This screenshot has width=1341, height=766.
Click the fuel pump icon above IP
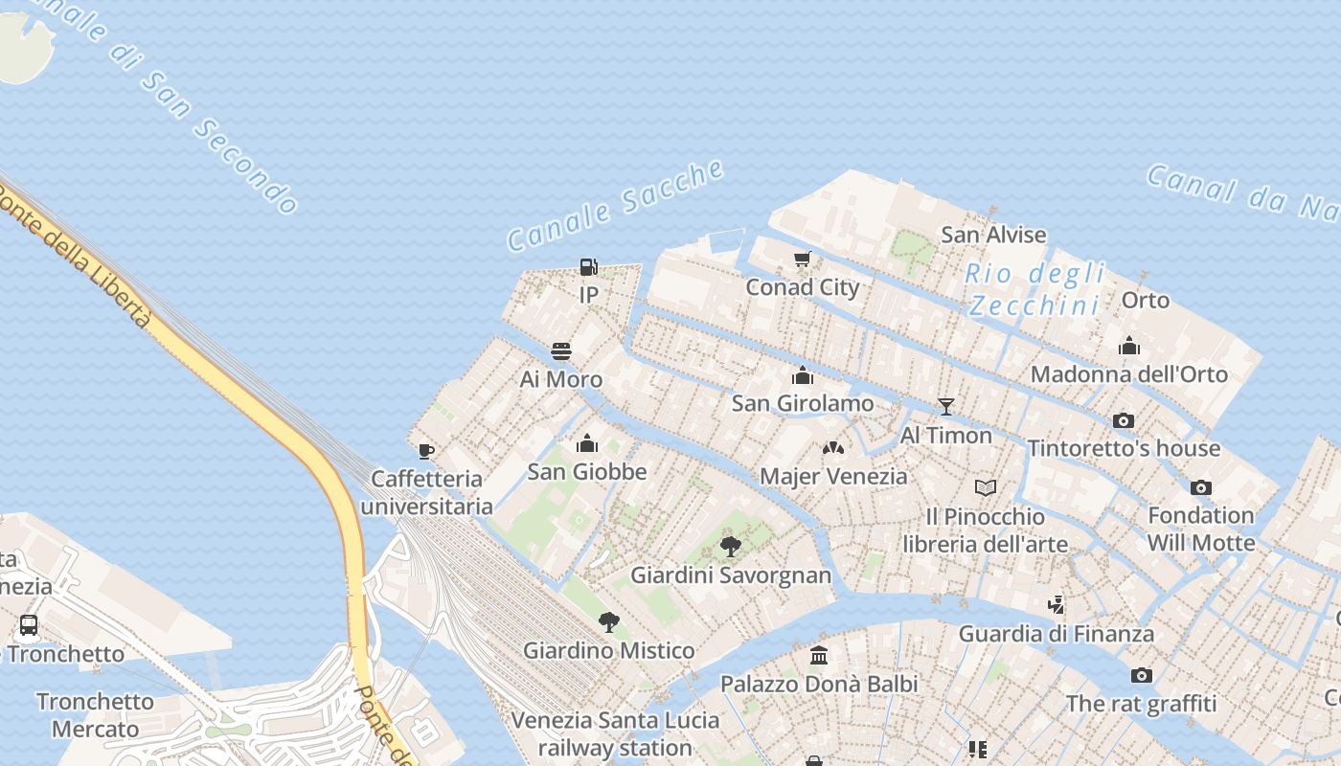[x=588, y=266]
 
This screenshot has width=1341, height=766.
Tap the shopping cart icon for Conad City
[x=803, y=259]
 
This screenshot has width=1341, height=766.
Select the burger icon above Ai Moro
[x=561, y=351]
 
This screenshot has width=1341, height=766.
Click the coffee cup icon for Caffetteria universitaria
[x=426, y=450]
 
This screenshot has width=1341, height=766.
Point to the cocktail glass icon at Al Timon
[x=946, y=407]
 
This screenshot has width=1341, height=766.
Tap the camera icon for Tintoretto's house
[x=1124, y=420]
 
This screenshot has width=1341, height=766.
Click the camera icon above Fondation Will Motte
[x=1201, y=487]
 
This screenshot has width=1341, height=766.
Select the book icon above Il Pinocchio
[x=986, y=488]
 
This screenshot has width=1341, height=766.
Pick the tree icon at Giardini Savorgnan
[x=731, y=547]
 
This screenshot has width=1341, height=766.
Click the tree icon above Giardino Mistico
[x=608, y=622]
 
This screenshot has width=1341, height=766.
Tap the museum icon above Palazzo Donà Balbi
[x=819, y=656]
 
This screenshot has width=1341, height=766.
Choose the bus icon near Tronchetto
[x=29, y=625]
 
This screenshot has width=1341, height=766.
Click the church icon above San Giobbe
[x=587, y=443]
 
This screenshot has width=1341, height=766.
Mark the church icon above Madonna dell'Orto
[x=1129, y=346]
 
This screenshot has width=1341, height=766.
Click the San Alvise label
[x=993, y=235]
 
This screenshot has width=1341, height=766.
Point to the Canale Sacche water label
[x=615, y=206]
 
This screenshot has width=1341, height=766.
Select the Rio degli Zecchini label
[x=1034, y=289]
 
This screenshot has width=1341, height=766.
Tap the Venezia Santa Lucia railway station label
[x=615, y=733]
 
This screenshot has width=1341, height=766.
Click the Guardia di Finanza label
[x=1057, y=633]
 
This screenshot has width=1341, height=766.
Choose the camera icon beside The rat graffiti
[x=1142, y=676]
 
